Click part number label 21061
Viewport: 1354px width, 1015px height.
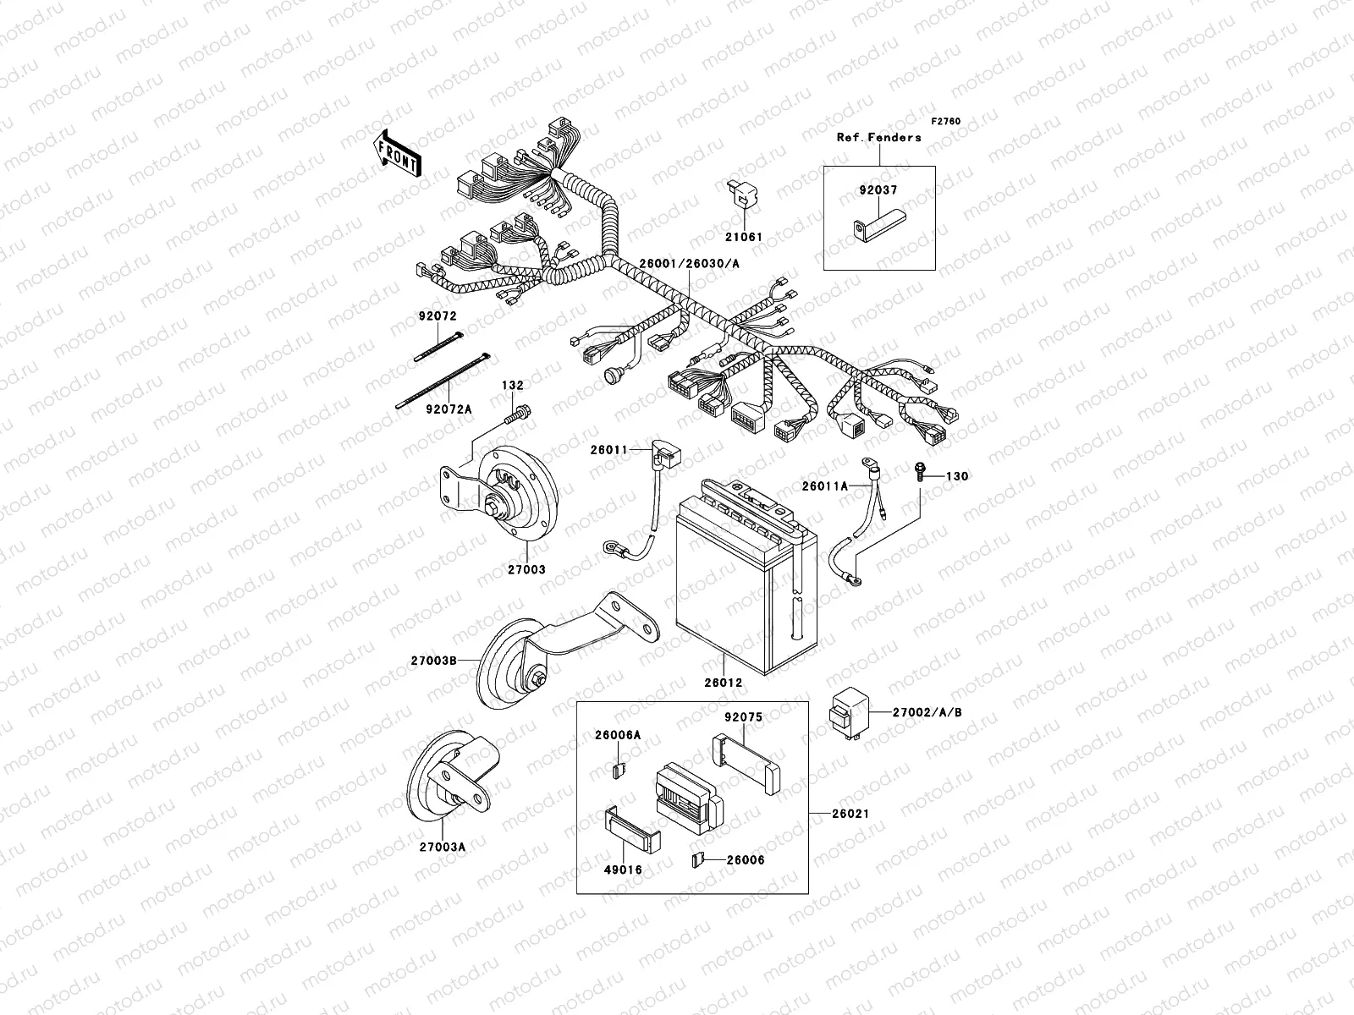pyautogui.click(x=743, y=237)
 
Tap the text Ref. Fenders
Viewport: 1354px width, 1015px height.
pyautogui.click(x=878, y=137)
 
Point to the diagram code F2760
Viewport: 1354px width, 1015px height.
pyautogui.click(x=947, y=122)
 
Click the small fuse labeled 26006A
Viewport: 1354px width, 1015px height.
pyautogui.click(x=618, y=771)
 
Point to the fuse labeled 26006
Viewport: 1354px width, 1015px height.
pyautogui.click(x=696, y=861)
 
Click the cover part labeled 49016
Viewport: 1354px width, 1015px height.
pyautogui.click(x=632, y=832)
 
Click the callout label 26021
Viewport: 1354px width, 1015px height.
pyautogui.click(x=850, y=814)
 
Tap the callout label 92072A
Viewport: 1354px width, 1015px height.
pyautogui.click(x=449, y=409)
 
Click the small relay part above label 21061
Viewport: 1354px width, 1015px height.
pyautogui.click(x=739, y=194)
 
